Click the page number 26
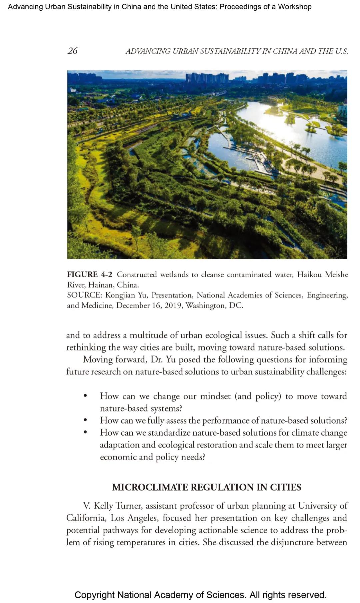[72, 51]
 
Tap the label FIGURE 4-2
[89, 274]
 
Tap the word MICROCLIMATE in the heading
[150, 487]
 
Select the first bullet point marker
[86, 396]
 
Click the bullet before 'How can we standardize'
[86, 433]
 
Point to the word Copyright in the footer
[95, 595]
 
